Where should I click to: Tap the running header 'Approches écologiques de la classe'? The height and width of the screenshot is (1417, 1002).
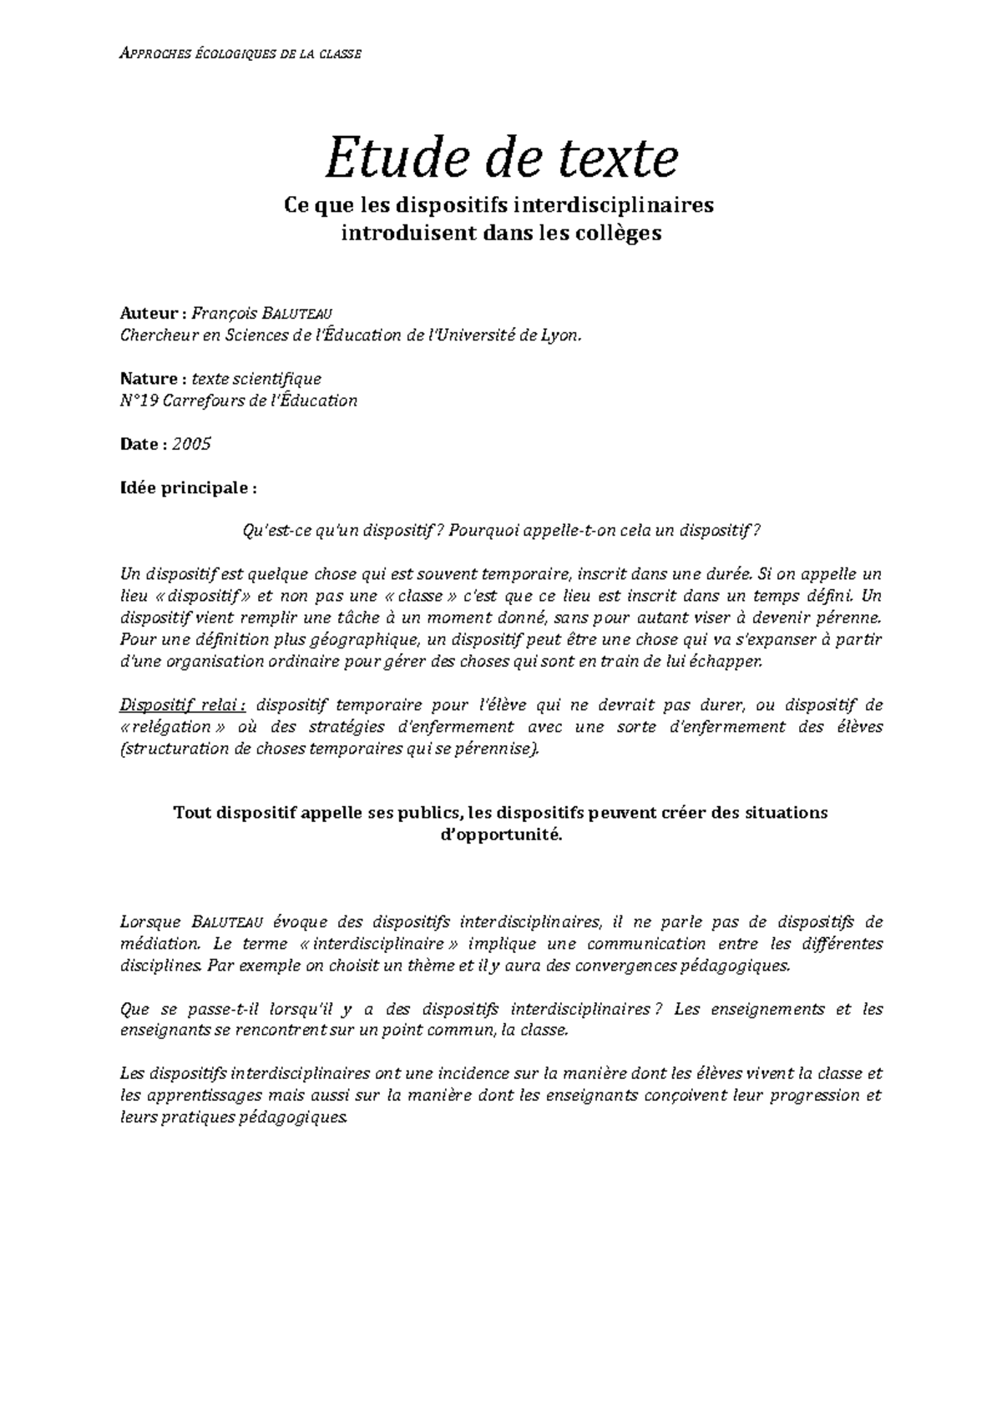click(x=240, y=54)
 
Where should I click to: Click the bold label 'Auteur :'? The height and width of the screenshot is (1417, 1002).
click(x=154, y=314)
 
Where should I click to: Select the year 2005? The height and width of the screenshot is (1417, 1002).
click(x=191, y=444)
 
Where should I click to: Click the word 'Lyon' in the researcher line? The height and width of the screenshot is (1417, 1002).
click(x=559, y=335)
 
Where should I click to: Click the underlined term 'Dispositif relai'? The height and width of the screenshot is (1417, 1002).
click(x=183, y=705)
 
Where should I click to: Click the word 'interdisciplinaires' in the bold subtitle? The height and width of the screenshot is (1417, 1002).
click(x=614, y=204)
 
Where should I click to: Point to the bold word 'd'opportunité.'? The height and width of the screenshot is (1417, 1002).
click(x=501, y=835)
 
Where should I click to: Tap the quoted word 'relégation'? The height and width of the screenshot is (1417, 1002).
click(x=174, y=727)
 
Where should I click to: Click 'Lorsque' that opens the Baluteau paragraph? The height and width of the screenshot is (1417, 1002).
click(x=151, y=922)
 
